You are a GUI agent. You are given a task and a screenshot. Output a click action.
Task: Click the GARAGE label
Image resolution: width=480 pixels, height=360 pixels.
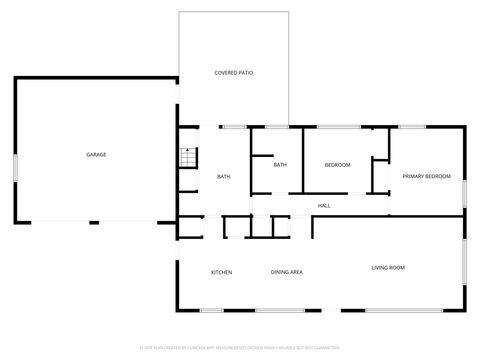pos(96,155)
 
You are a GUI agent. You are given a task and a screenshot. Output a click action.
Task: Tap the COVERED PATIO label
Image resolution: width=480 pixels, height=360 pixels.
pos(233,73)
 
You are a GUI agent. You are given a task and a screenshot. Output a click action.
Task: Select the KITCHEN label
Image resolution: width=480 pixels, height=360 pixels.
pos(221,272)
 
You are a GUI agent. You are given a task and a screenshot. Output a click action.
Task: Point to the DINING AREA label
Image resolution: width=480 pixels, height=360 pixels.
pos(287,272)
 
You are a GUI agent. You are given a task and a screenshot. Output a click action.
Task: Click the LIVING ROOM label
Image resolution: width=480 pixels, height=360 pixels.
pos(388,267)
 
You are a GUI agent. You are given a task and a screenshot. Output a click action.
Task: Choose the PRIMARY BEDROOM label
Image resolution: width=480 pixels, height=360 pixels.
pos(426,176)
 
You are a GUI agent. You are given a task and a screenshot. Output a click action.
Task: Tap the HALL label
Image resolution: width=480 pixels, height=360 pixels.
pos(324,206)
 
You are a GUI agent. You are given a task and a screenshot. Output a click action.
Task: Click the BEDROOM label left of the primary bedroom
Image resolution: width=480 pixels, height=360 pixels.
pos(337,164)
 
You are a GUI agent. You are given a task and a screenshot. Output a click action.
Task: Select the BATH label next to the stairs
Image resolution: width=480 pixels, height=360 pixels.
pos(224,177)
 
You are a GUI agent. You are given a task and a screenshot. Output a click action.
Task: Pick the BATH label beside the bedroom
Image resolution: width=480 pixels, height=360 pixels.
pos(280,164)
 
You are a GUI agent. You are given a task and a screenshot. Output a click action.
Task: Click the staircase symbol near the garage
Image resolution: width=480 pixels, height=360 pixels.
pos(186,157)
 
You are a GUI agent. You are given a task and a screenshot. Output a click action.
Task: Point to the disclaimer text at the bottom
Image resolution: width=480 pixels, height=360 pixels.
pos(240,348)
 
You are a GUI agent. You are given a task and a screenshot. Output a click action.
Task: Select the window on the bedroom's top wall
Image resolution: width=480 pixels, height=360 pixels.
pos(340,126)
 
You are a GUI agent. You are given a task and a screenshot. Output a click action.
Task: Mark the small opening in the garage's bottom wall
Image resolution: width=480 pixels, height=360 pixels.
pos(93,222)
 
